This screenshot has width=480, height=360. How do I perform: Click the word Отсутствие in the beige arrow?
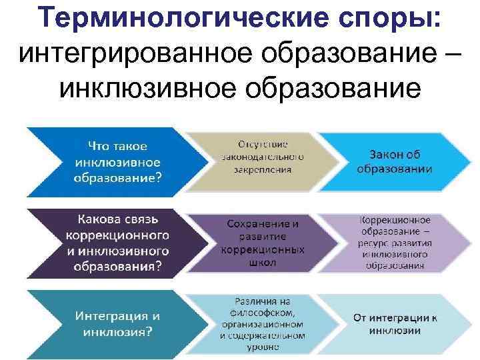point(263,143)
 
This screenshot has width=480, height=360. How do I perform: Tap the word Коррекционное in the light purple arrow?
point(395,219)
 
